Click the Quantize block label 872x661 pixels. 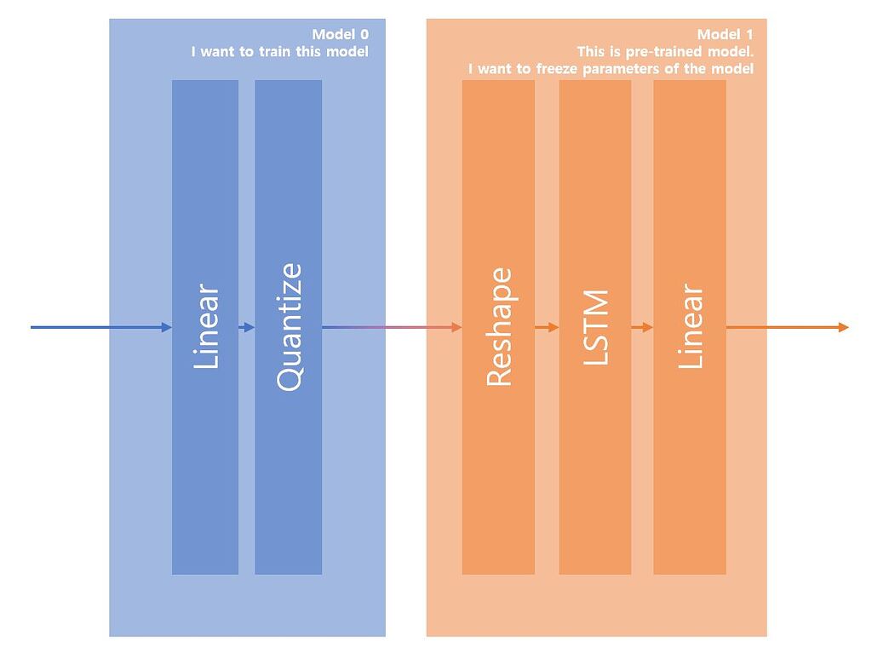point(290,327)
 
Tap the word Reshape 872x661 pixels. point(499,327)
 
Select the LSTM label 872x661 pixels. point(596,327)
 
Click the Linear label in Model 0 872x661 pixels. point(206,327)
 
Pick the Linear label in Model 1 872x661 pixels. point(691,327)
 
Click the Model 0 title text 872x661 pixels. point(340,34)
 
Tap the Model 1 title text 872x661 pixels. point(726,34)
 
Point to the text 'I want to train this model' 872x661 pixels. point(279,51)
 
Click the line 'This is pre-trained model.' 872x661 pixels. point(665,51)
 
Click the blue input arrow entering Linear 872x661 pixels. point(102,327)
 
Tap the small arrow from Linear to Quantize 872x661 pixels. point(247,327)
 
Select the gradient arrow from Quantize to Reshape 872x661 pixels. point(392,327)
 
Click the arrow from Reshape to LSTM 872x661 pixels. point(547,327)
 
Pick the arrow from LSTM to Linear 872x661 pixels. point(642,327)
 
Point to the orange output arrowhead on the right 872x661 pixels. point(843,327)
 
